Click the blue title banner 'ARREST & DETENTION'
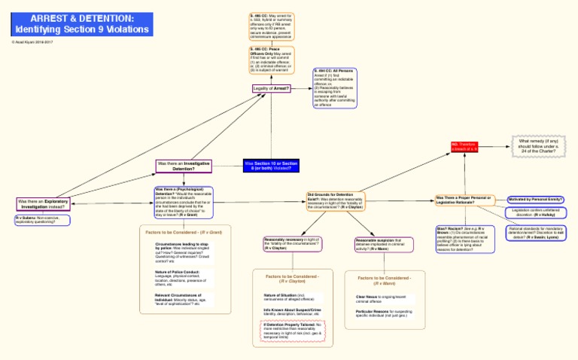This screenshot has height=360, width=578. click(83, 23)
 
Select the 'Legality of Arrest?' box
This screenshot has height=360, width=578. click(271, 88)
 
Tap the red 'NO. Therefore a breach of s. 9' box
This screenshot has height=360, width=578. click(464, 146)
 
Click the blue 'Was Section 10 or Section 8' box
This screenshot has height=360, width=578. click(271, 166)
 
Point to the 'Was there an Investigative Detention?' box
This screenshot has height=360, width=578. click(184, 166)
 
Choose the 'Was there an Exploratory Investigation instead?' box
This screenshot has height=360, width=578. click(43, 203)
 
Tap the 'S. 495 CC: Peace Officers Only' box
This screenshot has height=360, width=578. click(272, 60)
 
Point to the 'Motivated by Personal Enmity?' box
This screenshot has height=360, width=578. click(536, 200)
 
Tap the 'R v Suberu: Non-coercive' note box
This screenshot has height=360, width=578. click(42, 221)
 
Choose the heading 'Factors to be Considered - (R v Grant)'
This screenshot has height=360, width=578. click(184, 233)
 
